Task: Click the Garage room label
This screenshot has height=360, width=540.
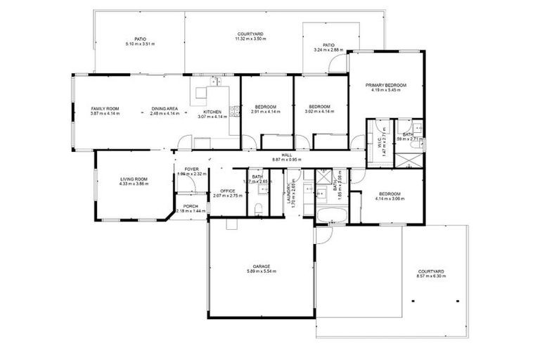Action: point(258,266)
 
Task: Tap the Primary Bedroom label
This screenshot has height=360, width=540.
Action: point(386,85)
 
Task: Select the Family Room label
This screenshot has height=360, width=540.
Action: point(105,108)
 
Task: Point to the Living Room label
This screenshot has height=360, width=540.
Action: point(133,179)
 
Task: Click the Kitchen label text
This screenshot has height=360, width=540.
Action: point(213,112)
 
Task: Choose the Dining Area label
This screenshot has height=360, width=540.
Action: point(165,108)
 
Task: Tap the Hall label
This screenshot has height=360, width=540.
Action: point(286,155)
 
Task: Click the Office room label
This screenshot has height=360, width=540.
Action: point(226,191)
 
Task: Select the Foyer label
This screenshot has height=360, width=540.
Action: point(191,169)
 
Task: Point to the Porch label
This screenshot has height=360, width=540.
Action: point(191,206)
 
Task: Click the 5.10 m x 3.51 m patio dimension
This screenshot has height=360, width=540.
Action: point(140,44)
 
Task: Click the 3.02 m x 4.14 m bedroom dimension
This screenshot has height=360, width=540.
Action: point(319,112)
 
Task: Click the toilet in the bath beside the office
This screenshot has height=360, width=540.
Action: point(259,207)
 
